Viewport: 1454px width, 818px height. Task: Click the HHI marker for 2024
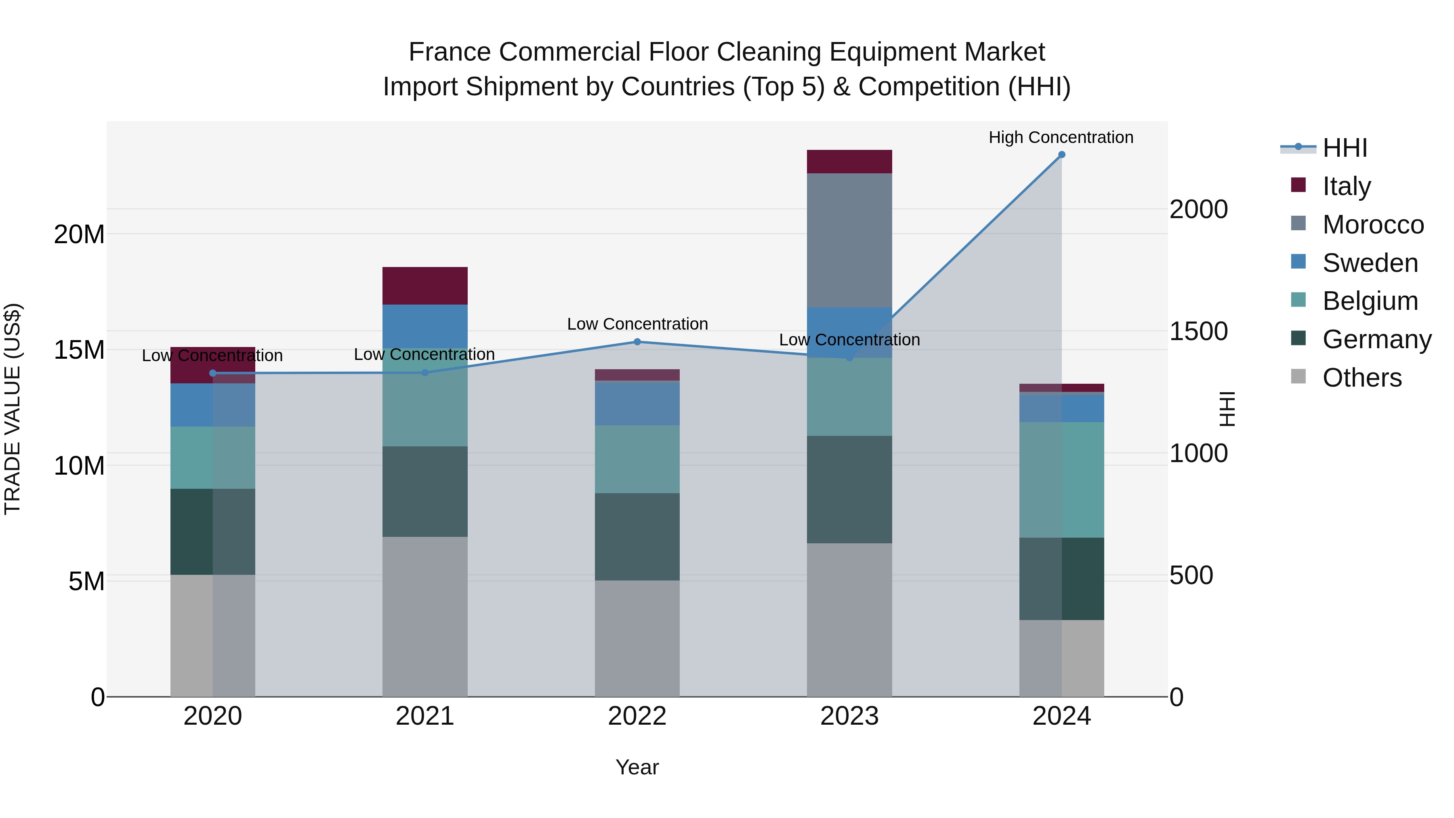point(1061,155)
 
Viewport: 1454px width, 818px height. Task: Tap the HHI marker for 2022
point(637,341)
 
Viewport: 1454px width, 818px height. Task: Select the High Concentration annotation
point(1061,137)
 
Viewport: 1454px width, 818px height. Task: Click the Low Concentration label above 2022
point(637,324)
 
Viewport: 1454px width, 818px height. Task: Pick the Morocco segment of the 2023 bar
point(849,240)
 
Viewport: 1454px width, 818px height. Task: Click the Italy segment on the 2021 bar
point(425,286)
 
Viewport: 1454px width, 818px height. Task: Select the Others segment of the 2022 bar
point(637,638)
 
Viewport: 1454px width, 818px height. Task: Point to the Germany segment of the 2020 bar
point(213,531)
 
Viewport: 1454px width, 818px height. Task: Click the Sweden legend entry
point(1370,263)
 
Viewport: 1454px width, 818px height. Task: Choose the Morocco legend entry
point(1373,225)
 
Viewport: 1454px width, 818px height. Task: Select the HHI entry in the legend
point(1345,148)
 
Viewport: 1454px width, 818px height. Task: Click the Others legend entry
point(1362,378)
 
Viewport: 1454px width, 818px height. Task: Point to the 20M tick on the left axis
point(79,234)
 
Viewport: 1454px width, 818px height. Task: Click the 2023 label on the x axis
point(849,716)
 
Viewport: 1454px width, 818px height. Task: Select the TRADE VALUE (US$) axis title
point(13,409)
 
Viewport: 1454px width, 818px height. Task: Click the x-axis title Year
point(637,767)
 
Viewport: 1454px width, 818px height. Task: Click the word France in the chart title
point(449,52)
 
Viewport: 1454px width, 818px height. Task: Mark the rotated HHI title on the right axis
point(1227,409)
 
